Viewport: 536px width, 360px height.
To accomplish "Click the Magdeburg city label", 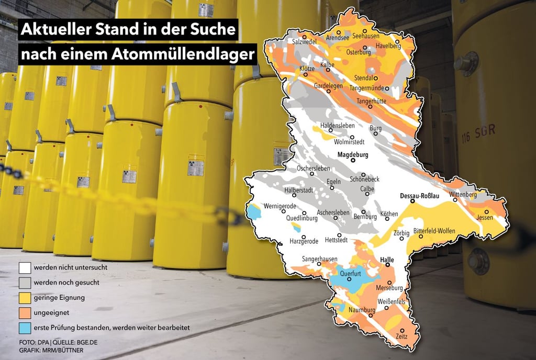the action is coord(353,155).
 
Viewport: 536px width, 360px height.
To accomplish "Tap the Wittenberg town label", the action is coord(463,195).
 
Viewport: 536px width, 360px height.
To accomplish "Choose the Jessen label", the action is coord(485,218).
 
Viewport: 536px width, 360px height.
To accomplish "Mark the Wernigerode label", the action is coord(280,206).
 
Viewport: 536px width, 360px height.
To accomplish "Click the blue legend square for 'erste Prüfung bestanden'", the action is coord(24,328).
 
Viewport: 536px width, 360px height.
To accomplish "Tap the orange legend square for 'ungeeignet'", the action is coord(24,312).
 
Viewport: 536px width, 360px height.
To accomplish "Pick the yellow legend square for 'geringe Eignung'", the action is coord(24,298).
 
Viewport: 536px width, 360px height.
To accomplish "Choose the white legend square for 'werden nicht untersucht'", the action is coord(24,268).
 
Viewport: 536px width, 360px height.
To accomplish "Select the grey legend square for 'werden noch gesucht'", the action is coord(24,283).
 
